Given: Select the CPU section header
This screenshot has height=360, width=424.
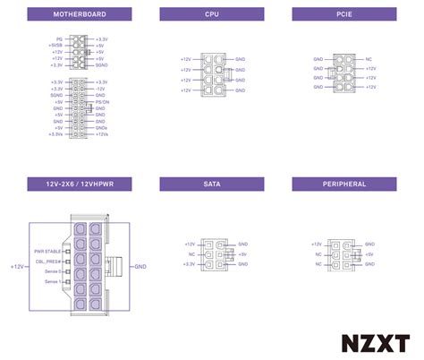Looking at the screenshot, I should click(211, 14).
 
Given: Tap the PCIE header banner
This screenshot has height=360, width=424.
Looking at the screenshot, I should click(343, 14).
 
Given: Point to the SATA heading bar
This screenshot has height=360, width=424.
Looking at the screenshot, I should click(211, 184).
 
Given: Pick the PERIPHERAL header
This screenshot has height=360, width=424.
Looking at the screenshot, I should click(343, 184).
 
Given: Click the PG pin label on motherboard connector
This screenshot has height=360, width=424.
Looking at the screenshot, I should click(59, 39).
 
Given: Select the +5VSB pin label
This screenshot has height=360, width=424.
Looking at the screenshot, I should click(55, 46).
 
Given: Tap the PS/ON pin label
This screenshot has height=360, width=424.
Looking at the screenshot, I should click(101, 102).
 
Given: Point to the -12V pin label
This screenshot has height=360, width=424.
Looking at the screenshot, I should click(100, 89).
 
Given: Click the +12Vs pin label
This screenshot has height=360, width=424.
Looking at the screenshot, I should click(102, 133).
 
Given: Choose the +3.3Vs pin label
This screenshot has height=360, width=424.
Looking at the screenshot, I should click(55, 133).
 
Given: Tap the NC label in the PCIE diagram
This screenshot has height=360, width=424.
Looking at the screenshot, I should click(369, 59).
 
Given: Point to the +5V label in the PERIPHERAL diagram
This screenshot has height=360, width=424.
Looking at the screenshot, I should click(370, 254).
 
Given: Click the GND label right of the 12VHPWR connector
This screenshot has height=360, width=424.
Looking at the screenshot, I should click(140, 267).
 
